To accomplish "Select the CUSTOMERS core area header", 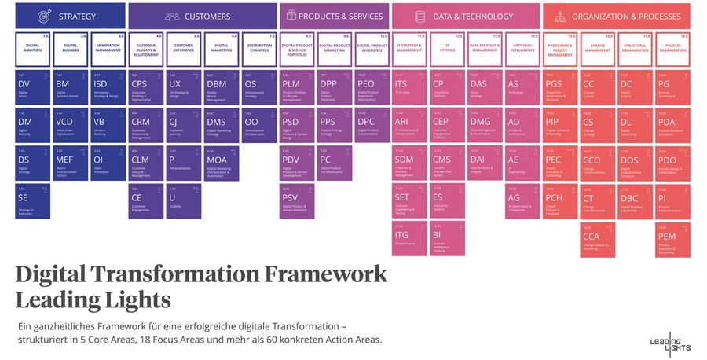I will [x=202, y=16].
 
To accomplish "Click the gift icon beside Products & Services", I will [x=291, y=16].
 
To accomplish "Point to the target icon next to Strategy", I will [x=44, y=16].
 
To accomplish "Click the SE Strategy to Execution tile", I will [x=32, y=200].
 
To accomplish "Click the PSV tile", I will [x=296, y=200].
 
